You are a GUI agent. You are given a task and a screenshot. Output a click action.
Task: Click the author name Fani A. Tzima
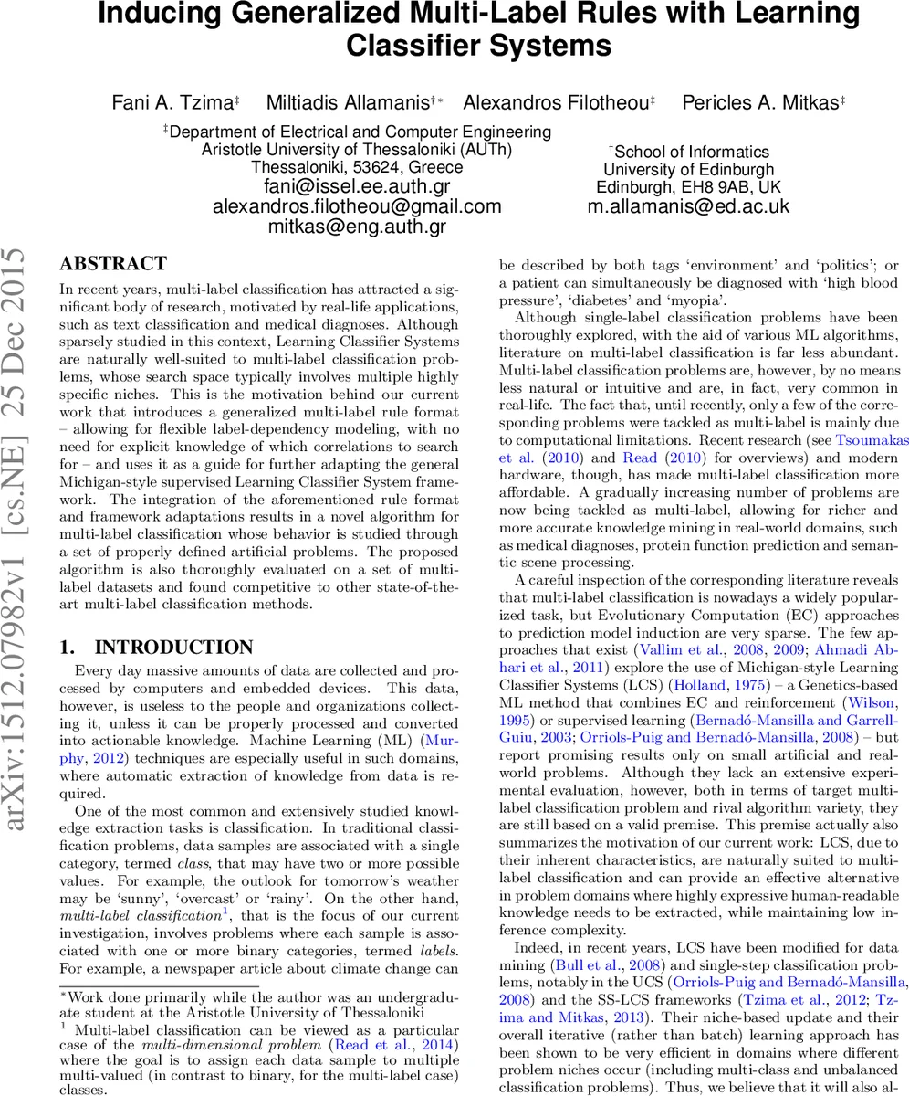click(172, 103)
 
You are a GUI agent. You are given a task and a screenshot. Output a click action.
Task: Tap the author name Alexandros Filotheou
click(556, 103)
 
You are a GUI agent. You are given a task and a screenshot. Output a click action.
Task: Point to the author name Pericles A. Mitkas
click(760, 103)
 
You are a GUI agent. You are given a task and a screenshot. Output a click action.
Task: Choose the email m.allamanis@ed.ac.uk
click(688, 206)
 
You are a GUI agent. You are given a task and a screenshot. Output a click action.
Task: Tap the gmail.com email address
click(357, 206)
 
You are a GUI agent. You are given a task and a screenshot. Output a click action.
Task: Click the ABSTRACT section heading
click(113, 264)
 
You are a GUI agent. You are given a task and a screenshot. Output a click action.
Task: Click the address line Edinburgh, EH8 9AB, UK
click(688, 187)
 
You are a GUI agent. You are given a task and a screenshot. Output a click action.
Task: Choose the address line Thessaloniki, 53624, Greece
click(357, 167)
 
